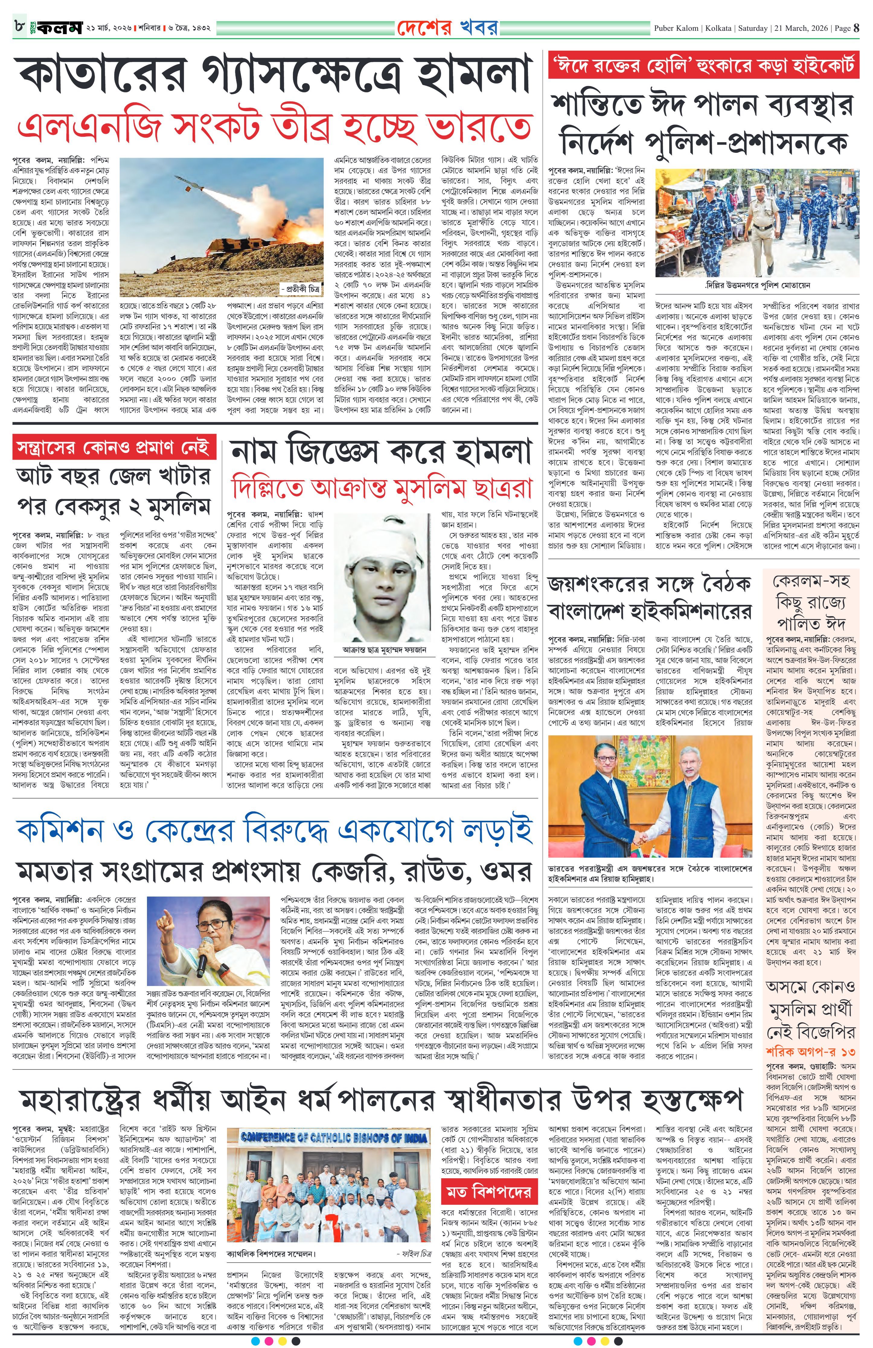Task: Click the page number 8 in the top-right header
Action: point(856,28)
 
